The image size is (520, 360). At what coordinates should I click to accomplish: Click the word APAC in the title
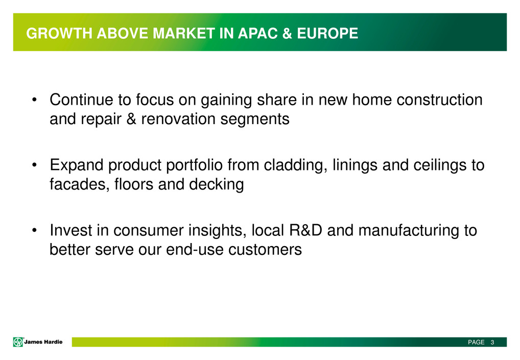(257, 34)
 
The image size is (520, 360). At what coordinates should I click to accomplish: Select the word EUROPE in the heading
(327, 34)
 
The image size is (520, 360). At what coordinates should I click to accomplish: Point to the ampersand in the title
(287, 34)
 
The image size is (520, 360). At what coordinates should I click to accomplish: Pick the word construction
(439, 100)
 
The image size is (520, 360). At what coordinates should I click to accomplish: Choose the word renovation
(178, 118)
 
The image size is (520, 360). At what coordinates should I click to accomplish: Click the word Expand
(77, 165)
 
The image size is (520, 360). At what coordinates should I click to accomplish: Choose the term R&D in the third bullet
(305, 230)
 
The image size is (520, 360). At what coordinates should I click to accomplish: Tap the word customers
(265, 250)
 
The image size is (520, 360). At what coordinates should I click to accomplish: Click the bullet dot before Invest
(34, 230)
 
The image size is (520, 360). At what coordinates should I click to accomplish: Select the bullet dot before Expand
(34, 165)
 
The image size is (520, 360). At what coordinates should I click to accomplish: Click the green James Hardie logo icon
(18, 342)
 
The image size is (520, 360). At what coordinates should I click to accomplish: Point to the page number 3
(492, 342)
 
